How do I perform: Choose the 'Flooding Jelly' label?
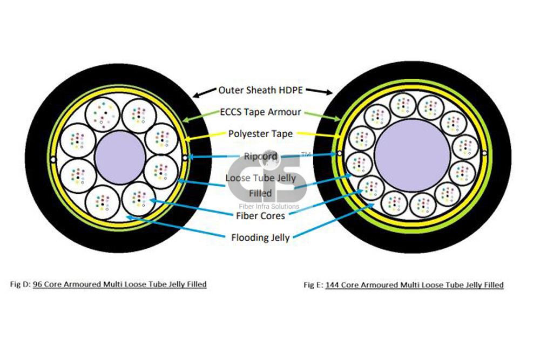click(261, 236)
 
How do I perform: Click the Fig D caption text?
click(108, 283)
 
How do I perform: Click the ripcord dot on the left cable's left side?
click(52, 159)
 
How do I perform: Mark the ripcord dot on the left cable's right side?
click(185, 158)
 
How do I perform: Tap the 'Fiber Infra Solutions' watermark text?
click(268, 206)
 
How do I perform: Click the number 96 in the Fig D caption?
click(37, 283)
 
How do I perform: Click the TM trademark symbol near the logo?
click(306, 155)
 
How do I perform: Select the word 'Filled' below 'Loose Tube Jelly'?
click(260, 193)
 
